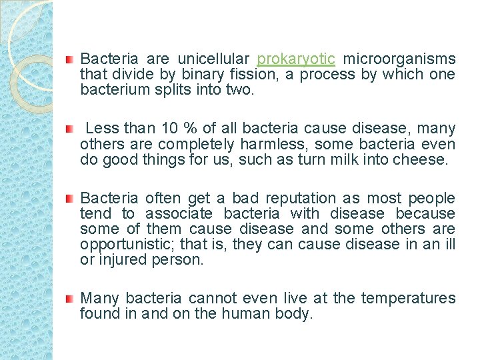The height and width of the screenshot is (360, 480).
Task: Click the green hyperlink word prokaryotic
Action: [296, 59]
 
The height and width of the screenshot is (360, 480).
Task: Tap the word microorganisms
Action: [399, 59]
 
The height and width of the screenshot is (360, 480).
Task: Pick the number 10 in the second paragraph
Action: [169, 128]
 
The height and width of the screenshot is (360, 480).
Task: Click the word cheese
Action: [422, 159]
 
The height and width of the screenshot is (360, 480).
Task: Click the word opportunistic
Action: [119, 244]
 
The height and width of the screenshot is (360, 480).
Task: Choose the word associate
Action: [179, 213]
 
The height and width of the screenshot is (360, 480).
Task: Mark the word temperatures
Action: [409, 298]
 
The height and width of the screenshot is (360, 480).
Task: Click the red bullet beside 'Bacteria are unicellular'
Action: [69, 59]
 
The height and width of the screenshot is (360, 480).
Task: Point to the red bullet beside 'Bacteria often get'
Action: [69, 199]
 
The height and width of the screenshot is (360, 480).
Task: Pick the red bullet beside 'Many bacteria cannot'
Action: [69, 299]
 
